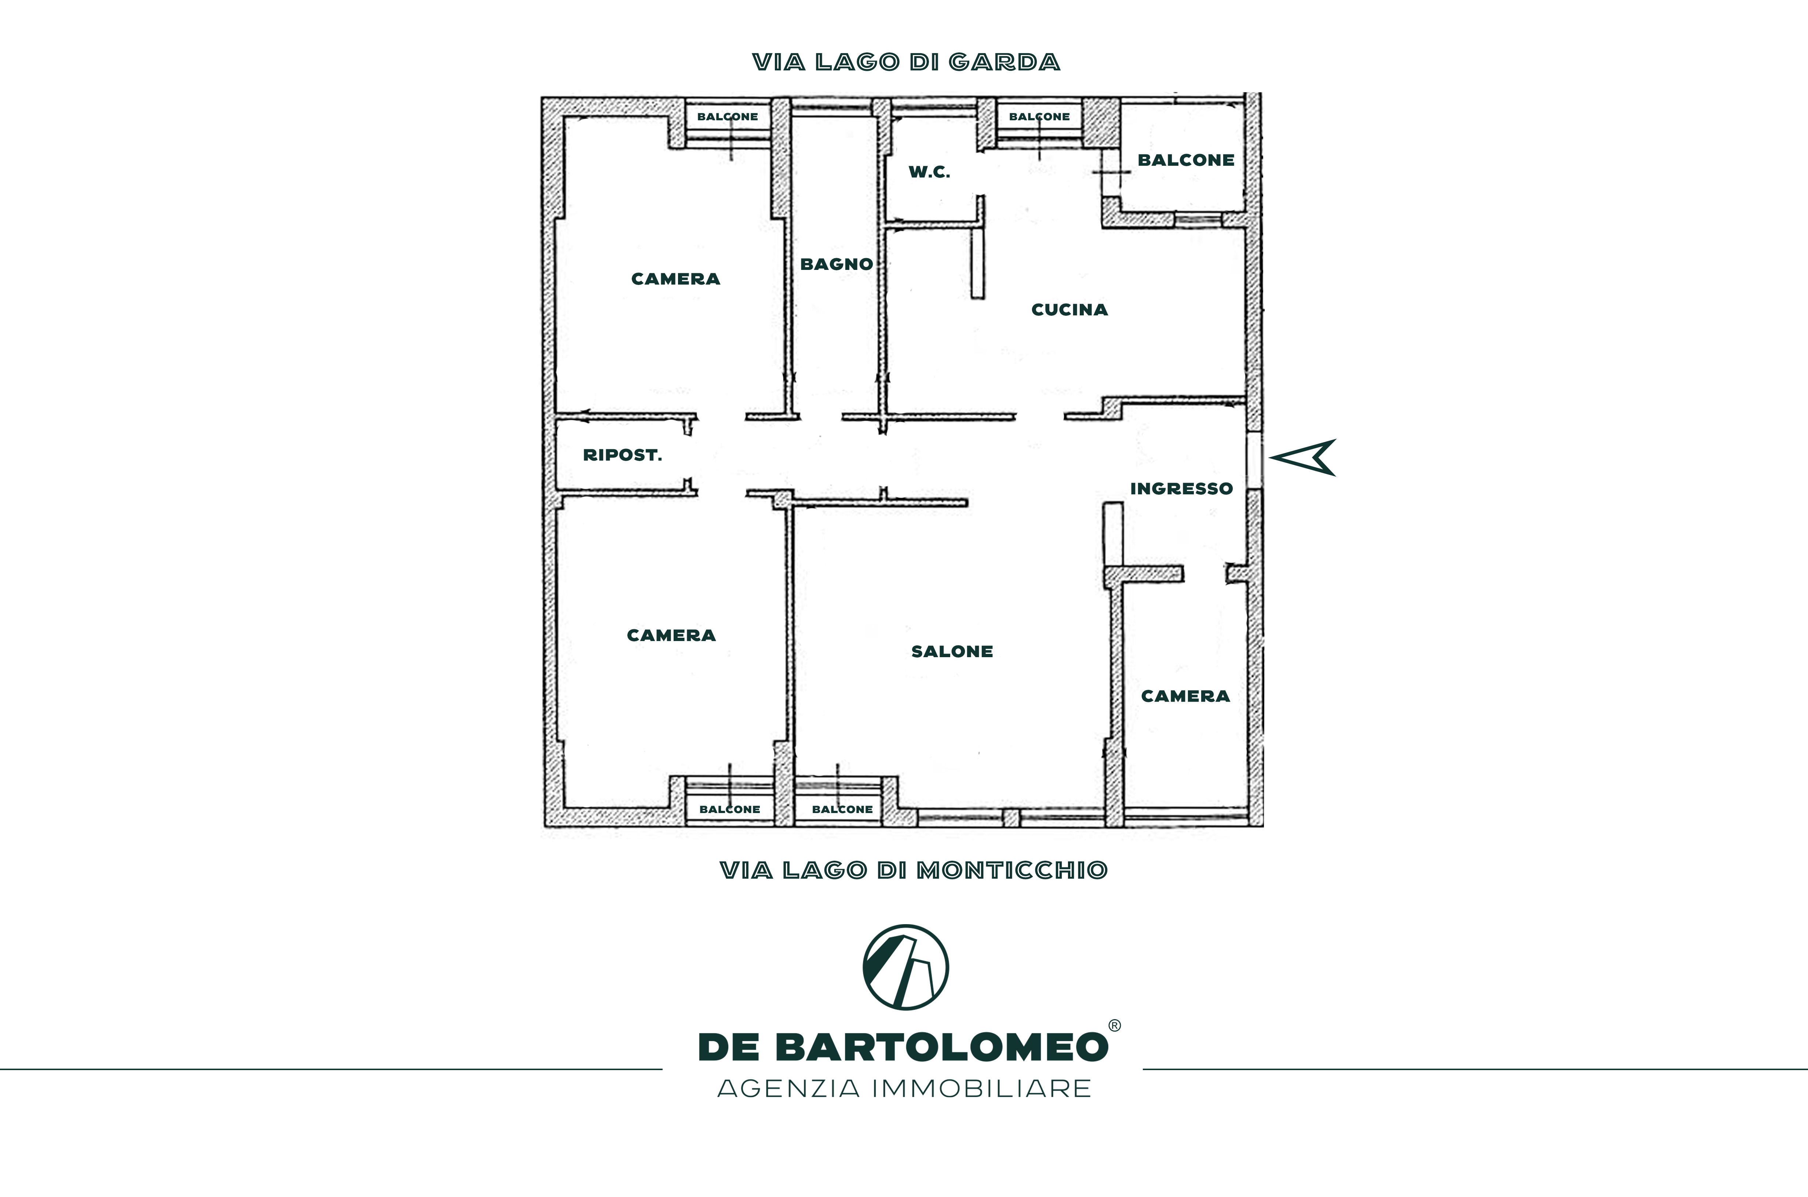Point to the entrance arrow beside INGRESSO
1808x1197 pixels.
1302,457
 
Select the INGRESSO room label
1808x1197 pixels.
1181,488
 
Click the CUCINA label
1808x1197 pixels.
1069,309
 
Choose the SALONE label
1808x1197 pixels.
952,651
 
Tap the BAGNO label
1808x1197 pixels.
836,264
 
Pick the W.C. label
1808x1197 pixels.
929,172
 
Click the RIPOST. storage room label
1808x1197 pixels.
622,455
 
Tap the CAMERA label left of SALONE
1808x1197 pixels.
671,635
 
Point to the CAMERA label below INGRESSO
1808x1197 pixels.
1185,696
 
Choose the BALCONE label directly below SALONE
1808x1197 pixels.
842,809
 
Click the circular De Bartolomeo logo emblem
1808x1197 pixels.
905,967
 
